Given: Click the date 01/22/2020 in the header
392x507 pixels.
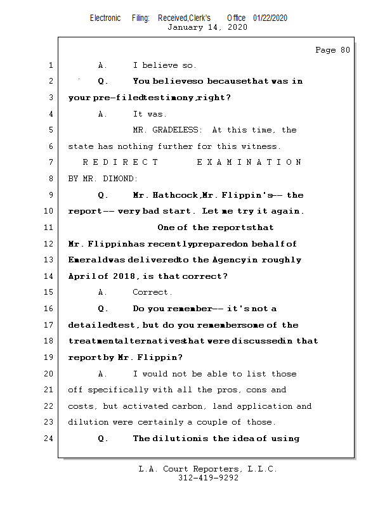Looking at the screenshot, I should click(270, 18).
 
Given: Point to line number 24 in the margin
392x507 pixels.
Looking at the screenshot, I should click(49, 439).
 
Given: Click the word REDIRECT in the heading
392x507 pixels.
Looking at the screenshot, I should click(121, 163).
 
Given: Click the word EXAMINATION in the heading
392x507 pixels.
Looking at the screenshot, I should click(249, 163).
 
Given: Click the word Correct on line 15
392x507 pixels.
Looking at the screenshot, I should click(152, 293).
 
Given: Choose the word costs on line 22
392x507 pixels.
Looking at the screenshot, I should click(82, 406).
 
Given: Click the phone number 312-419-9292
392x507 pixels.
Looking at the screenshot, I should click(207, 478).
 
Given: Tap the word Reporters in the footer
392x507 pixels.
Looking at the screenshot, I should click(213, 469).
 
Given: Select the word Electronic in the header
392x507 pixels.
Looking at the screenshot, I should click(105, 18).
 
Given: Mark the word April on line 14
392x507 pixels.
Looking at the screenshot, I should click(82, 276).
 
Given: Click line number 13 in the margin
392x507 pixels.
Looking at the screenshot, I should click(49, 260).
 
